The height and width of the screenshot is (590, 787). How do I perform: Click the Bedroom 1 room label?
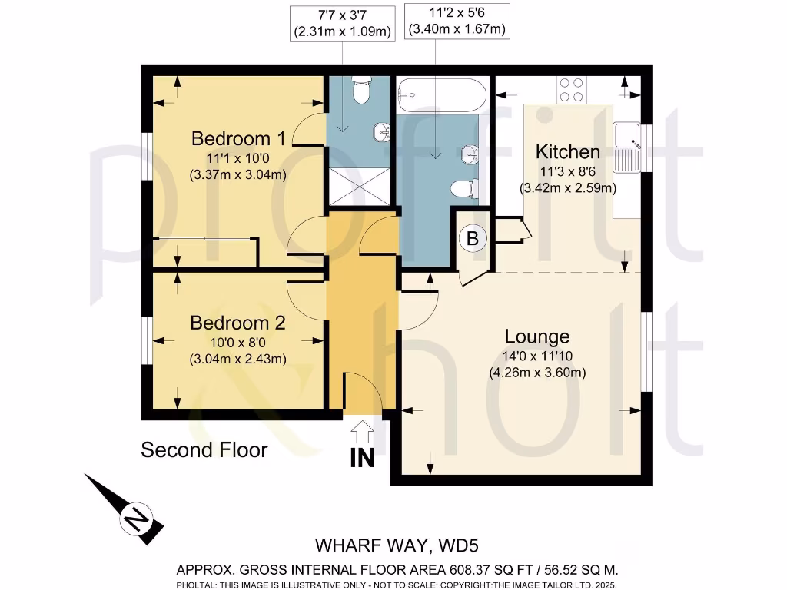pos(238,138)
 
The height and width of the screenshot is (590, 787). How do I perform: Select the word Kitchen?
pos(568,151)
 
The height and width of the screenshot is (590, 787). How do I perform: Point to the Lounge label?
pos(537,336)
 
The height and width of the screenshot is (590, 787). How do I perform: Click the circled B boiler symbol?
pos(473,239)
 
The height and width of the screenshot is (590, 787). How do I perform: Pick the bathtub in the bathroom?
pos(441,95)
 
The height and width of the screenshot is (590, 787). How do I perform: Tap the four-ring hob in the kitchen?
pos(572,90)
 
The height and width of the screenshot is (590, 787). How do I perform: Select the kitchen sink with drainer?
pos(627,147)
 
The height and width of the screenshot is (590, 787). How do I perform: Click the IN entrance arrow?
pos(362,446)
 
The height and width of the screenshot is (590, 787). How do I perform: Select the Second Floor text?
pos(204,449)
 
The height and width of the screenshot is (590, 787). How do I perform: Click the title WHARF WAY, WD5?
pos(397,546)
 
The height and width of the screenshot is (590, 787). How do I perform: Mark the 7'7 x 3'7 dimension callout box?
pos(342,22)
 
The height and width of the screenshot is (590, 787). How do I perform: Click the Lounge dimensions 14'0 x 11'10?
pos(537,356)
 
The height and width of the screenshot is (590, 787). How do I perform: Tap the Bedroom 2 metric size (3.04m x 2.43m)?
pos(238,359)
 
